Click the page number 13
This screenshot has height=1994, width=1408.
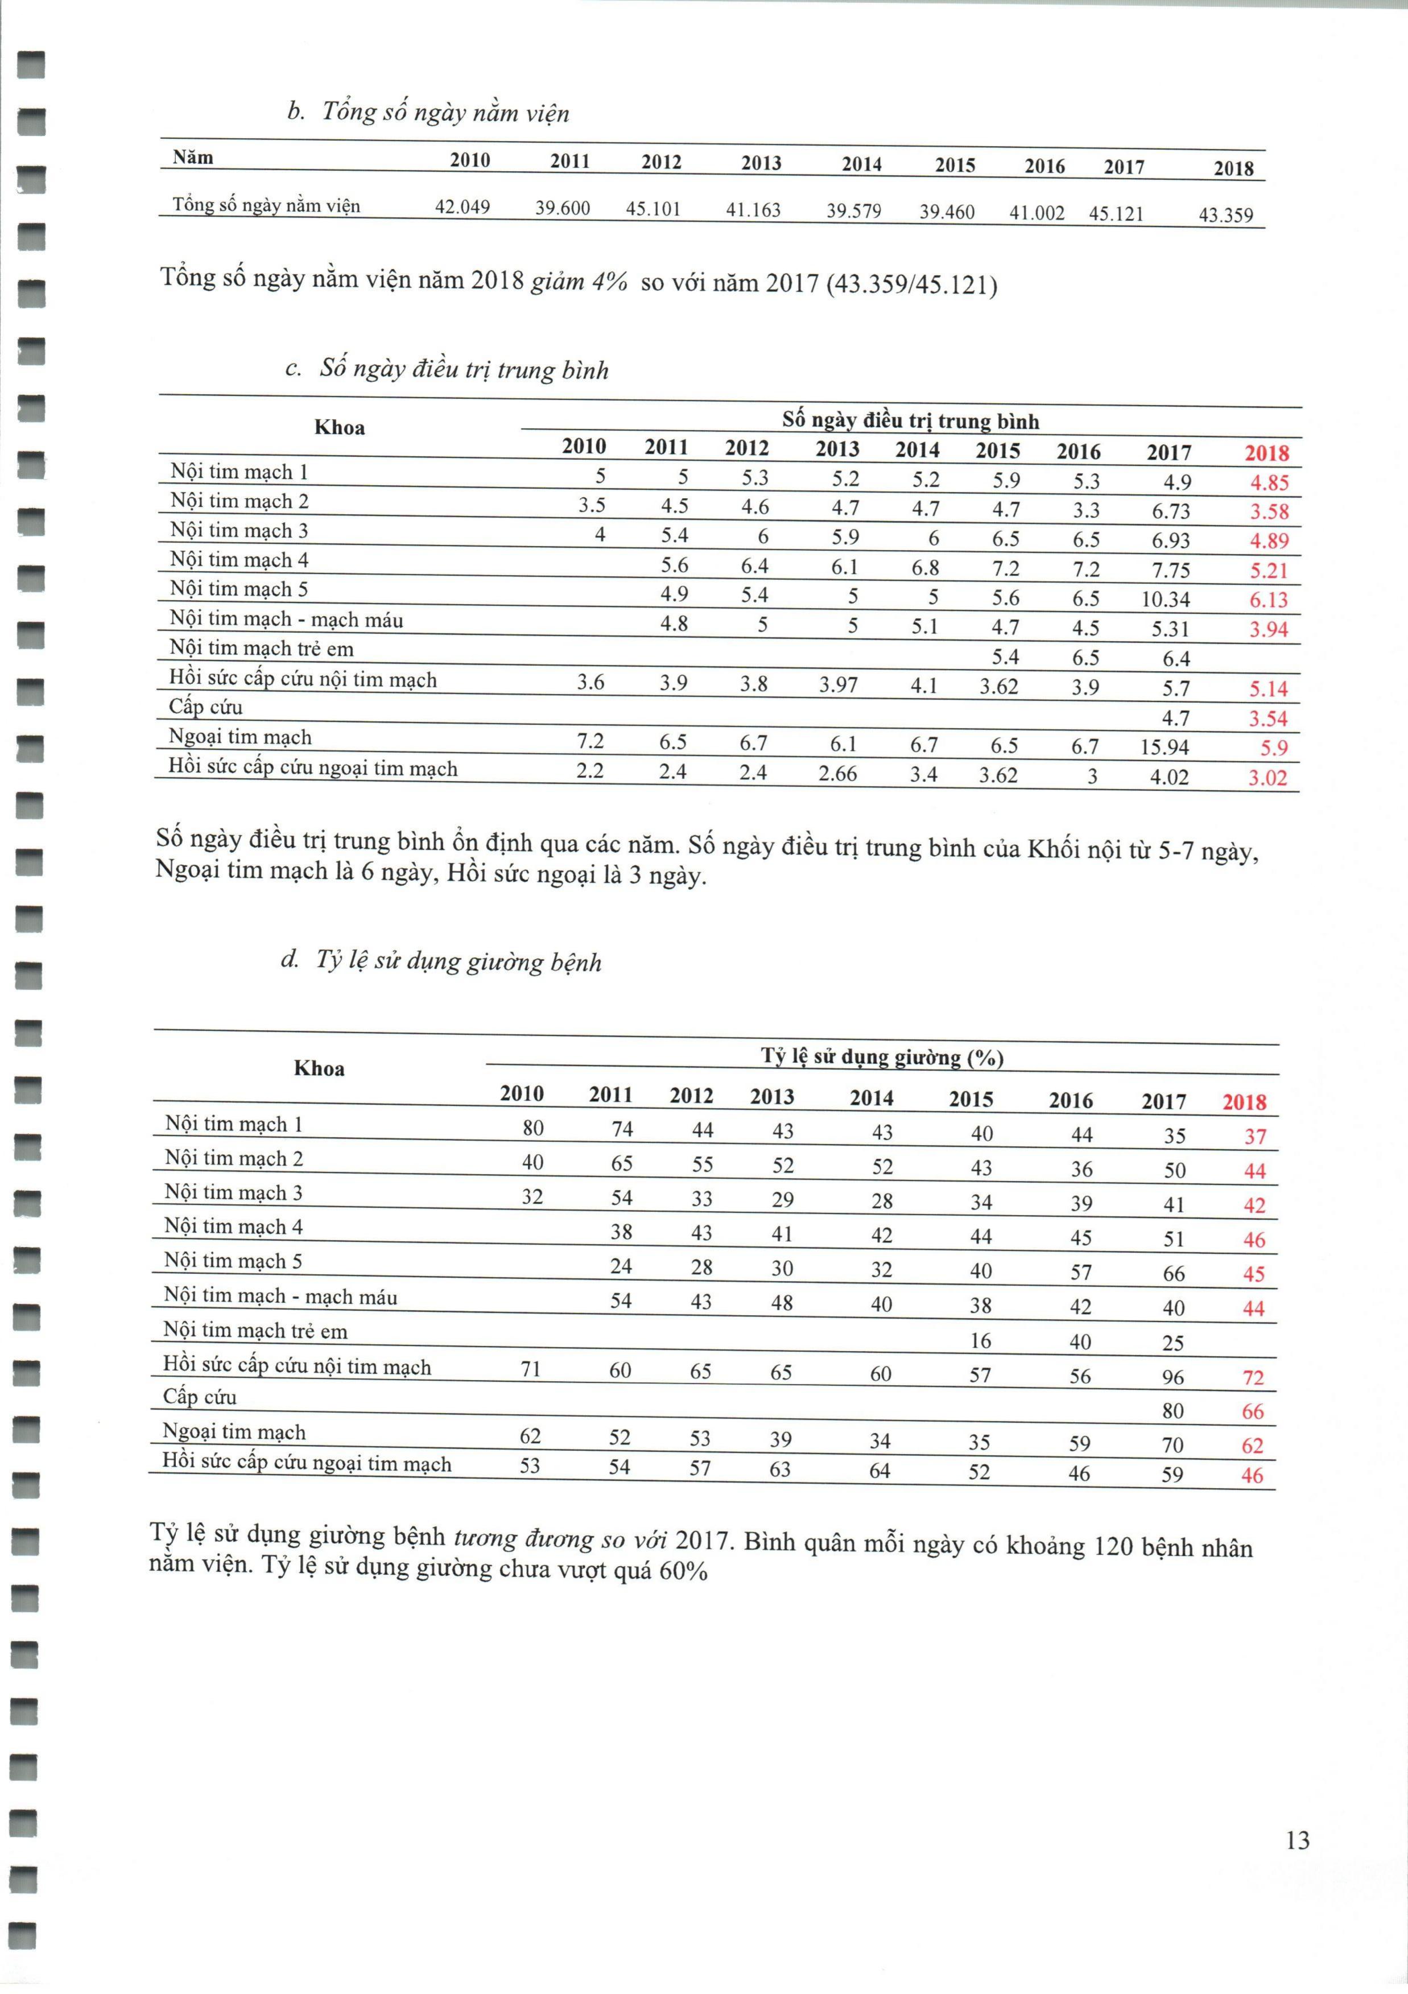point(1298,1839)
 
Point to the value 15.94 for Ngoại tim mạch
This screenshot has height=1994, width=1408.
point(1164,747)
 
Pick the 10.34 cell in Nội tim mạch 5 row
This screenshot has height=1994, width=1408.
point(1165,599)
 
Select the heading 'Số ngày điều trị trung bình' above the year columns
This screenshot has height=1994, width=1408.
point(910,421)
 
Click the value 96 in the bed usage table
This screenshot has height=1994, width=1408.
point(1172,1377)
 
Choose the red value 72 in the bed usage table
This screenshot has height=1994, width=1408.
point(1253,1378)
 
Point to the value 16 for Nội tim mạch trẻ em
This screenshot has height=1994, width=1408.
point(980,1341)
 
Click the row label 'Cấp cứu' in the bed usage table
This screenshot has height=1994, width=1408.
point(200,1397)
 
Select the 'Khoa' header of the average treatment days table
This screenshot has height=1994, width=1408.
point(340,427)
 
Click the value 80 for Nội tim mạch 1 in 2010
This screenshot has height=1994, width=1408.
point(532,1128)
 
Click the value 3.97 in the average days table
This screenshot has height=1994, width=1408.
point(838,685)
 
